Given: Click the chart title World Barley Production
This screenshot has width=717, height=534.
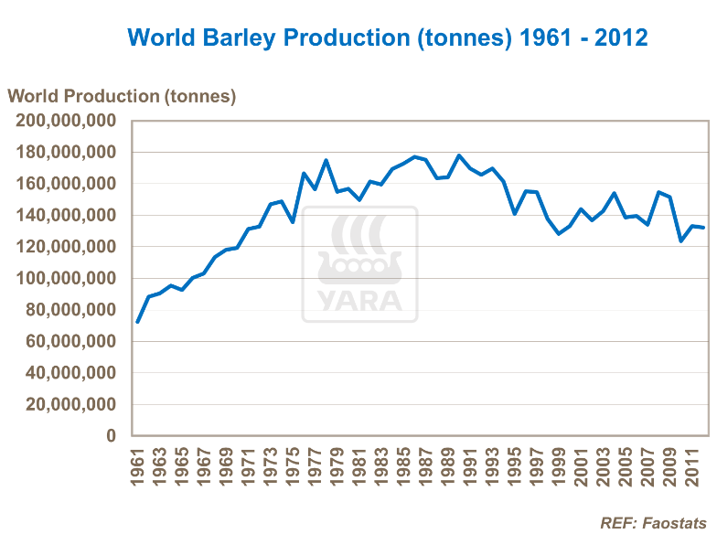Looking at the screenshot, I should pyautogui.click(x=388, y=37).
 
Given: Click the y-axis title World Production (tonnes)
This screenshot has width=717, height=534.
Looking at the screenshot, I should pyautogui.click(x=122, y=96).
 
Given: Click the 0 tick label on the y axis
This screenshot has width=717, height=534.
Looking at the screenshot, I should pyautogui.click(x=111, y=436).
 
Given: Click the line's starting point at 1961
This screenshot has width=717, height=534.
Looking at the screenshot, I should pyautogui.click(x=137, y=322).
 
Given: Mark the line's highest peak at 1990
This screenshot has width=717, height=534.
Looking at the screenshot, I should pyautogui.click(x=459, y=155).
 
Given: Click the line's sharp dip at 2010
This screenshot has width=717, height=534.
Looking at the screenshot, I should pyautogui.click(x=680, y=240).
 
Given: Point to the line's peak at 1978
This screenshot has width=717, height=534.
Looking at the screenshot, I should pyautogui.click(x=326, y=160).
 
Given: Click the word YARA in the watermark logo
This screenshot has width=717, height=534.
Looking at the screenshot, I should pyautogui.click(x=360, y=300).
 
